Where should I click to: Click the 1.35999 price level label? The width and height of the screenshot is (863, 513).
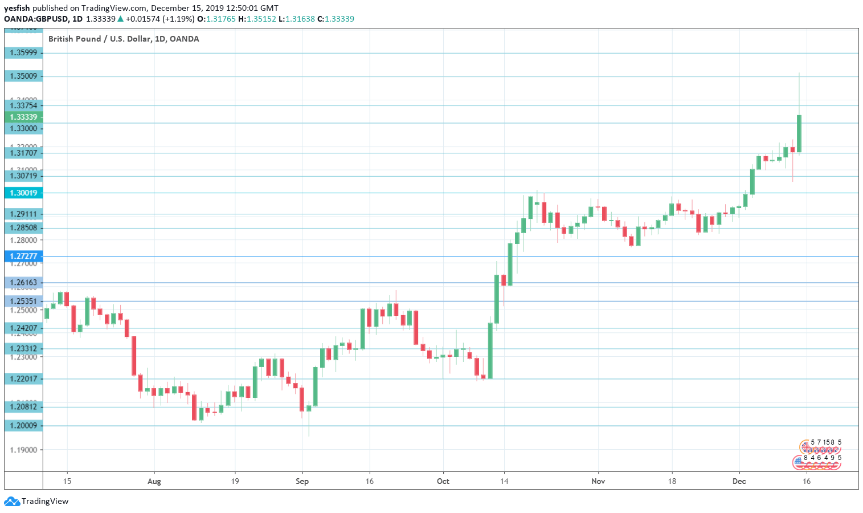pyautogui.click(x=23, y=53)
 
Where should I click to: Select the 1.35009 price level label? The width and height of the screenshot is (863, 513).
pyautogui.click(x=23, y=76)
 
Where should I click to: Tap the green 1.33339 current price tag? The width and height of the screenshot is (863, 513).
pyautogui.click(x=23, y=117)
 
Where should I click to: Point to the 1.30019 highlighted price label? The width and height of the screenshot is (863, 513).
pyautogui.click(x=23, y=193)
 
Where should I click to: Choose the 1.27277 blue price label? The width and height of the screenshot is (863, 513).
pyautogui.click(x=23, y=256)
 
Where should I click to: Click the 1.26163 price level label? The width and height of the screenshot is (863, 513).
pyautogui.click(x=23, y=282)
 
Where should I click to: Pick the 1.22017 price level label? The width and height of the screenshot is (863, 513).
pyautogui.click(x=23, y=378)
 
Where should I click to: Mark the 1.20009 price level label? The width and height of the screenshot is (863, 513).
pyautogui.click(x=23, y=425)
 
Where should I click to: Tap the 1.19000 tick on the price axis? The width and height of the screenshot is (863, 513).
pyautogui.click(x=23, y=450)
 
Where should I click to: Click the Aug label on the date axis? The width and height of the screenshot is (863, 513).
pyautogui.click(x=154, y=481)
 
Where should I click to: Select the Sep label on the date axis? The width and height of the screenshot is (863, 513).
pyautogui.click(x=302, y=481)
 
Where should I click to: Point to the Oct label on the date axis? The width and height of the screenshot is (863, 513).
pyautogui.click(x=443, y=481)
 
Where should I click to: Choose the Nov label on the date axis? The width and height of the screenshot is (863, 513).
pyautogui.click(x=598, y=481)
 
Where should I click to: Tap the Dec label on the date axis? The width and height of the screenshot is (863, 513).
pyautogui.click(x=739, y=481)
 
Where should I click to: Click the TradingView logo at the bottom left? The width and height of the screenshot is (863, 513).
pyautogui.click(x=36, y=502)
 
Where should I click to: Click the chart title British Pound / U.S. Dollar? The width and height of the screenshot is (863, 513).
pyautogui.click(x=124, y=39)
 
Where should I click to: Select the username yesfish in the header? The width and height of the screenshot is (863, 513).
pyautogui.click(x=17, y=8)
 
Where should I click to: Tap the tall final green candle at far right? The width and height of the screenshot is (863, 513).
pyautogui.click(x=799, y=133)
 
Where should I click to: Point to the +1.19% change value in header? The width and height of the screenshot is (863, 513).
pyautogui.click(x=178, y=19)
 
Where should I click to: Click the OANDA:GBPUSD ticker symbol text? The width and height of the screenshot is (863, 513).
pyautogui.click(x=36, y=19)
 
